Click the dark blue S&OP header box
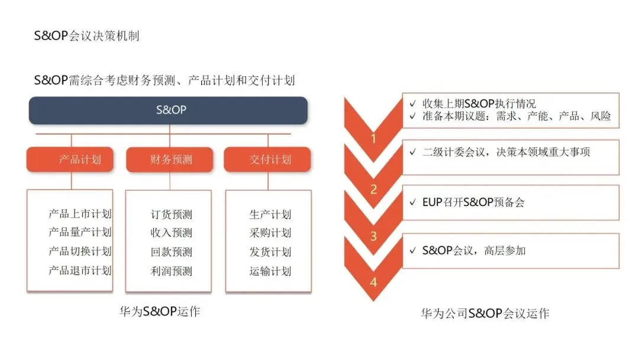[x=168, y=110]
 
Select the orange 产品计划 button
[x=70, y=159]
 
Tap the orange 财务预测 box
[x=169, y=159]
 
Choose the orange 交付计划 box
[x=267, y=159]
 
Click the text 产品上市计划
[x=80, y=214]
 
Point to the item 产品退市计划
[x=80, y=271]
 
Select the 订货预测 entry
[x=172, y=214]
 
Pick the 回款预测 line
[x=172, y=252]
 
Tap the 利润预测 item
[x=172, y=271]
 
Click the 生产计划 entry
[x=270, y=214]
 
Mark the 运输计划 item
[x=270, y=271]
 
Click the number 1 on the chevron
[x=373, y=139]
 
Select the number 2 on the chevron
[x=373, y=189]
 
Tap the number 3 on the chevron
[x=373, y=236]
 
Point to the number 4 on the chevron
[x=373, y=282]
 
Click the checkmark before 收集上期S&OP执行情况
[x=412, y=103]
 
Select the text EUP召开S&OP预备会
[x=474, y=202]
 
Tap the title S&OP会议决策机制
[x=86, y=36]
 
